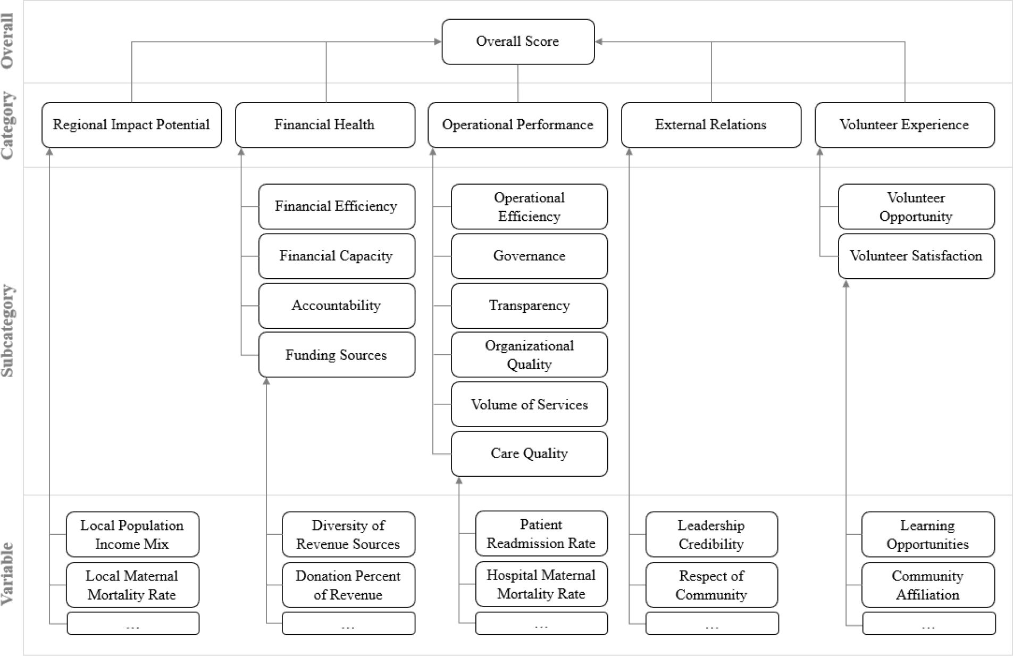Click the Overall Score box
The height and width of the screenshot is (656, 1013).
[518, 41]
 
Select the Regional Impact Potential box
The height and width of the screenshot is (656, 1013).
[131, 125]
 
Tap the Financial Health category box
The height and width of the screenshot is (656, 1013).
[325, 125]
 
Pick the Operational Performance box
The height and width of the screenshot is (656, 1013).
[518, 125]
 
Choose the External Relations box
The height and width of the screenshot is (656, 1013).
[711, 125]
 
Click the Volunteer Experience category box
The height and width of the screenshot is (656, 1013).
[905, 125]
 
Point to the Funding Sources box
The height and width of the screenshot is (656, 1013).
[337, 355]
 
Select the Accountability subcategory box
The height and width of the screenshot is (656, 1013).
[337, 305]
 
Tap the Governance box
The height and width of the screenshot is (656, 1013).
[529, 256]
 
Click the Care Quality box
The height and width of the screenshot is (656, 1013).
[529, 454]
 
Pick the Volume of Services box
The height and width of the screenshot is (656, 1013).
[529, 404]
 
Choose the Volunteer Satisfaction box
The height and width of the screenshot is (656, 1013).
[916, 256]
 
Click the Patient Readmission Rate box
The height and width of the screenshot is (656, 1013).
[541, 534]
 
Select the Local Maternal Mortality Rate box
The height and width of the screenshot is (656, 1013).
[132, 585]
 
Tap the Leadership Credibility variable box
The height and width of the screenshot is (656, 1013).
[711, 534]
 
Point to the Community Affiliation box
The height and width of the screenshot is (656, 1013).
[928, 585]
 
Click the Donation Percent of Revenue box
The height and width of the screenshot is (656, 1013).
[348, 585]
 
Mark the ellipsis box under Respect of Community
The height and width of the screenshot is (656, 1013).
[712, 624]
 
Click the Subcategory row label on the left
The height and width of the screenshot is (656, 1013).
[9, 331]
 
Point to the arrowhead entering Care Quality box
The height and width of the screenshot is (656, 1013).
[459, 480]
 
